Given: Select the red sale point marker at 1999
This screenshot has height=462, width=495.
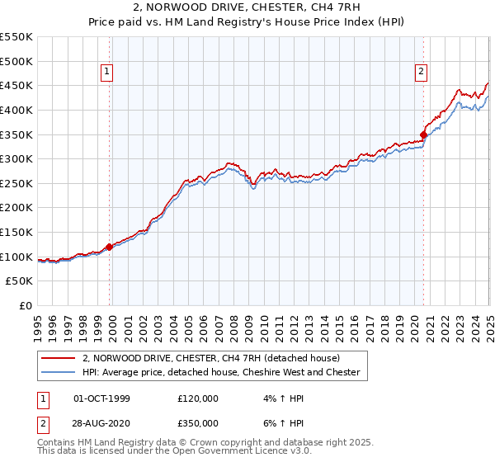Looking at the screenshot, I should [110, 247].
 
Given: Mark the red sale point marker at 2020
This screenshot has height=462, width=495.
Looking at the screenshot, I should [423, 134].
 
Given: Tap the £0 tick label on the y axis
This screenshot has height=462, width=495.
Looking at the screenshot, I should [26, 306].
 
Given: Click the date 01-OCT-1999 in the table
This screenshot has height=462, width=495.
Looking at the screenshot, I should [101, 398].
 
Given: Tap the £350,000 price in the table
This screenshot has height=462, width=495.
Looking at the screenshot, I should [198, 422].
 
